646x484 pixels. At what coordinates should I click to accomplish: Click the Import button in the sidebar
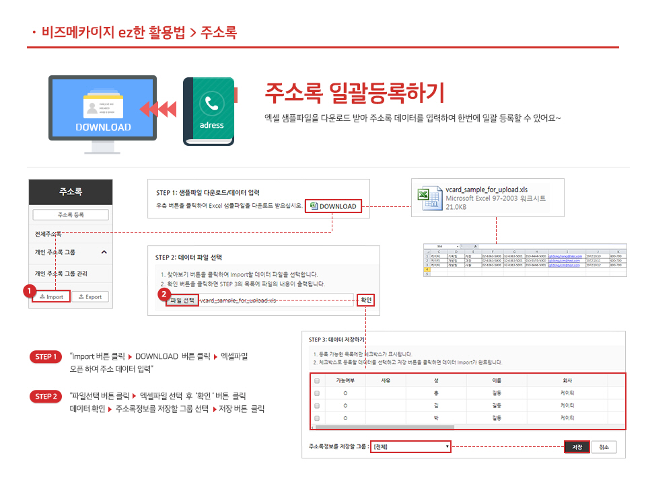click(x=51, y=296)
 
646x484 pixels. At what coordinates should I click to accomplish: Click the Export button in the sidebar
click(x=89, y=296)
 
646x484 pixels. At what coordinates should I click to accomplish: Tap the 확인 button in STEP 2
click(x=365, y=300)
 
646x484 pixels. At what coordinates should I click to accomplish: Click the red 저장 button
click(x=577, y=447)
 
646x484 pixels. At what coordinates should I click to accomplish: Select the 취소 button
click(x=604, y=447)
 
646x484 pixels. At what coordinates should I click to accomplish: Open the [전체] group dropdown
click(x=410, y=446)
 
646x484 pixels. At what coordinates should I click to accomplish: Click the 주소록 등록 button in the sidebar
click(x=71, y=215)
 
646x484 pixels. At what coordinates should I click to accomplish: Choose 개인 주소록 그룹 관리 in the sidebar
click(x=61, y=274)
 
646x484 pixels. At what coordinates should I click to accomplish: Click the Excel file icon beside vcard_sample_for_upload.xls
click(x=430, y=198)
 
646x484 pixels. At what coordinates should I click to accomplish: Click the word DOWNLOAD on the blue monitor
click(x=103, y=127)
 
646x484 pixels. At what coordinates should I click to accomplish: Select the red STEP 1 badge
click(x=46, y=356)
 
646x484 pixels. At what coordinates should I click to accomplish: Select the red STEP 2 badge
click(x=46, y=397)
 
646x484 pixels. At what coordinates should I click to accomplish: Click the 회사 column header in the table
click(x=567, y=380)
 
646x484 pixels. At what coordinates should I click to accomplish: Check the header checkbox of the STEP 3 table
click(x=316, y=381)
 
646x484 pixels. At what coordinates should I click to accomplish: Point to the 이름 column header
click(x=497, y=380)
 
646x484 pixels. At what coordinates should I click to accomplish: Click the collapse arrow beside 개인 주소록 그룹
click(x=104, y=252)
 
